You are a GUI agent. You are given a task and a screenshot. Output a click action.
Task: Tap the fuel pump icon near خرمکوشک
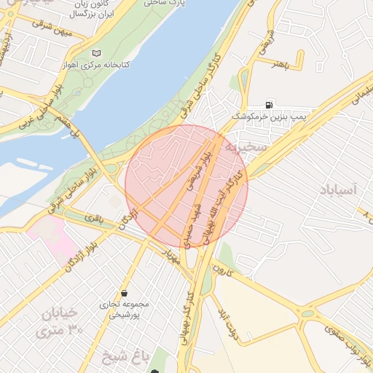click(x=271, y=104)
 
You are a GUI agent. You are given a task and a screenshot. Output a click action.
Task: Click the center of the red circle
click(x=186, y=186)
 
